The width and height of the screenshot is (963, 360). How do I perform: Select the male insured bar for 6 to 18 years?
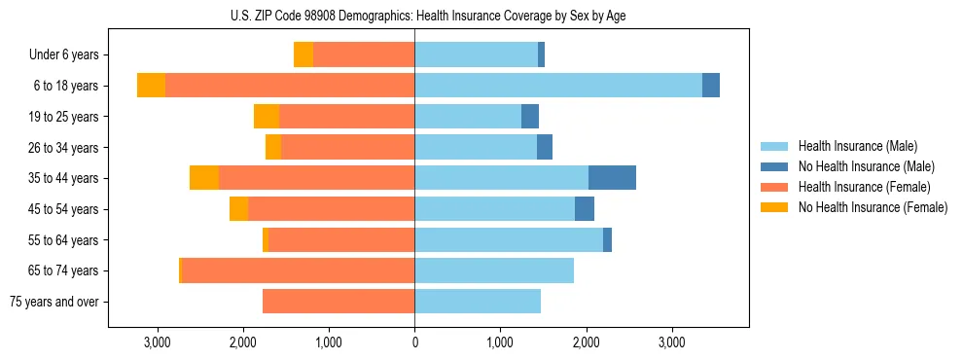[558, 86]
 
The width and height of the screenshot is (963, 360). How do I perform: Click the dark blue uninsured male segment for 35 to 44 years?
[612, 178]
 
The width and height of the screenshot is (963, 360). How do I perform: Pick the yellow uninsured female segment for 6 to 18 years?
[151, 86]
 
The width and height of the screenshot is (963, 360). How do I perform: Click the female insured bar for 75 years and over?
[339, 302]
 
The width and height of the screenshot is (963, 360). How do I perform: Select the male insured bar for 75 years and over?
[478, 302]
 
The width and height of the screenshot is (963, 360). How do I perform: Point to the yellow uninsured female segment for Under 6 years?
[303, 54]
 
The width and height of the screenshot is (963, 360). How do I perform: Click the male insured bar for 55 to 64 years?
[509, 240]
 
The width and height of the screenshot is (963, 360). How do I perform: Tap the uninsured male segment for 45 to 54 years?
[585, 209]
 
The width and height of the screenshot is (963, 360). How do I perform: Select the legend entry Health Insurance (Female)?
[864, 187]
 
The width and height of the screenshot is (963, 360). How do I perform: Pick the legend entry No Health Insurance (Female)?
[872, 207]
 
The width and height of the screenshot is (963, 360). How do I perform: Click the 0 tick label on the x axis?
[414, 342]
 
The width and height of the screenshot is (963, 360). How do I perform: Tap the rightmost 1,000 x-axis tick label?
[500, 342]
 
